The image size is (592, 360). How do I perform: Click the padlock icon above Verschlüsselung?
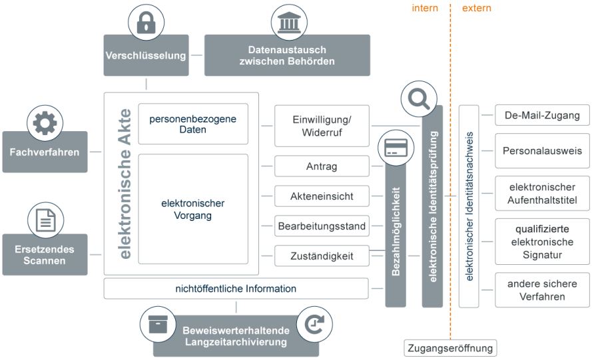point(146,24)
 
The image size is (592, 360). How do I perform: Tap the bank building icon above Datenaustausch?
point(288,24)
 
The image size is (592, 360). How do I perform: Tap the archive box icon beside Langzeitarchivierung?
point(158,325)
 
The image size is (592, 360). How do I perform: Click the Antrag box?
point(322,166)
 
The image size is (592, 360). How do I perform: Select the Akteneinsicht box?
point(322,196)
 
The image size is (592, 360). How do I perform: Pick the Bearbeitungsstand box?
point(322,226)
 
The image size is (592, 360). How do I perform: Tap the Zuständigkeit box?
point(322,256)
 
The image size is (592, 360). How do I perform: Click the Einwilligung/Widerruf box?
point(322,126)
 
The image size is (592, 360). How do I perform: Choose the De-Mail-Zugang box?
point(542,115)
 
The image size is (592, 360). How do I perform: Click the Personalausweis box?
point(542,151)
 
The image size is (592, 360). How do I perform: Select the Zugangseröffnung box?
point(450,348)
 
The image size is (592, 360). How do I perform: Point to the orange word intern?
point(426,8)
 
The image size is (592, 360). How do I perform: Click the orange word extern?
point(477,8)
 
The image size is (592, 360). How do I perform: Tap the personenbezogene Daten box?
point(192,124)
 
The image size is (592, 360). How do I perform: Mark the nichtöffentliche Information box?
point(236,289)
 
